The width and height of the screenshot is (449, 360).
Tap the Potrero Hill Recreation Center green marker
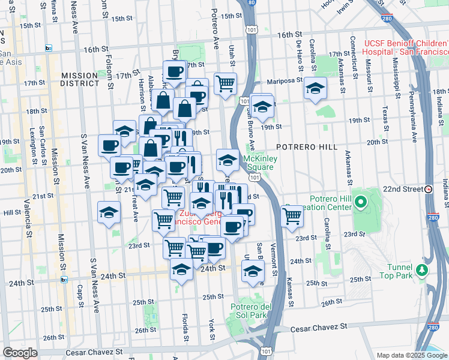point(360,202)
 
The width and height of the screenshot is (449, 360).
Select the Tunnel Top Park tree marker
point(423,269)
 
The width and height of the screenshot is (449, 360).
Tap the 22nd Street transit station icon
point(429,189)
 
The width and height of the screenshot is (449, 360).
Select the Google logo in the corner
point(20,353)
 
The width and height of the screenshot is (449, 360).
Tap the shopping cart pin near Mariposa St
point(225,83)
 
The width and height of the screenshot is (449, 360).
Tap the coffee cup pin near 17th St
point(175,71)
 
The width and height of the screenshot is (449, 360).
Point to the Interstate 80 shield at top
point(250,3)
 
